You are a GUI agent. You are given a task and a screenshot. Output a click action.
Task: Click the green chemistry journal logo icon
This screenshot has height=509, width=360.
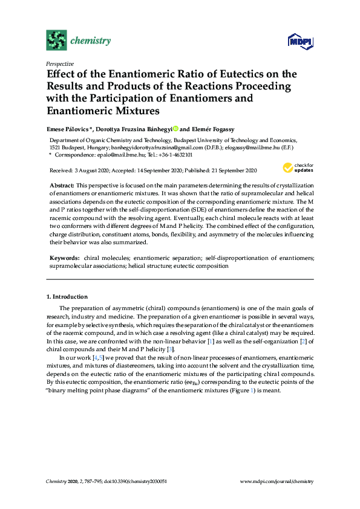click(56, 41)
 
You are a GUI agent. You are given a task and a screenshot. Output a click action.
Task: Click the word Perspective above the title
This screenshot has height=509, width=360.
click(60, 63)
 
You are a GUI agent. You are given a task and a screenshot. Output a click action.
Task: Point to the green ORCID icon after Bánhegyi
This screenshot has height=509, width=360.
click(175, 128)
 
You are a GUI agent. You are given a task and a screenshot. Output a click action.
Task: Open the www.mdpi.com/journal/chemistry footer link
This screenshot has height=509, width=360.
click(277, 481)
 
